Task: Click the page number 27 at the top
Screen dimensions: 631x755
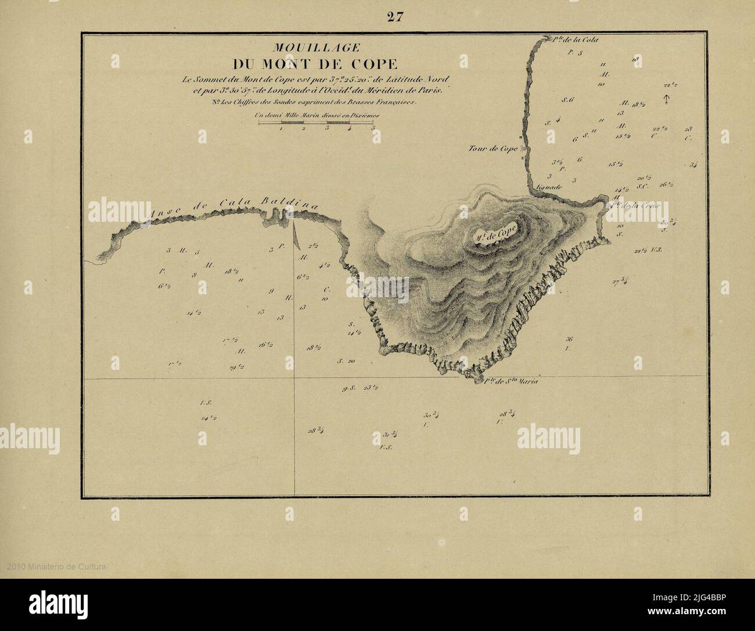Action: (x=396, y=17)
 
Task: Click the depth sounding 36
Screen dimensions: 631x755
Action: (x=569, y=339)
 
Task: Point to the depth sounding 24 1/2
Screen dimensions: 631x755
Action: (x=209, y=417)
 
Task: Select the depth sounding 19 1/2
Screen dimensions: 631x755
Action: (x=236, y=367)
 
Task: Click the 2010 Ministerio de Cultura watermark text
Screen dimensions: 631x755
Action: (x=56, y=567)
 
